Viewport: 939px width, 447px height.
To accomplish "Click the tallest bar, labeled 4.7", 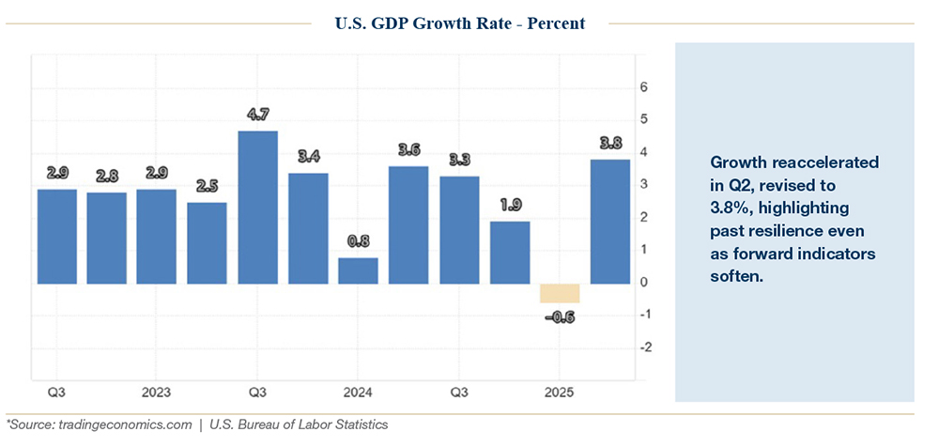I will [257, 207].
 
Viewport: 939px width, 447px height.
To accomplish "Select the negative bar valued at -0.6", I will [560, 293].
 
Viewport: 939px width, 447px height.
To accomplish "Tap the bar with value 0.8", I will [358, 270].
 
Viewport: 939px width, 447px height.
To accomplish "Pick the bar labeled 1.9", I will [510, 252].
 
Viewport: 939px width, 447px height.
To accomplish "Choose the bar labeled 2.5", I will [207, 242].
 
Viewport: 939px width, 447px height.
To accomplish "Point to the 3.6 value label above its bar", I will [408, 150].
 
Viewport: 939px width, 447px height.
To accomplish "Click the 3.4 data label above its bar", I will [308, 157].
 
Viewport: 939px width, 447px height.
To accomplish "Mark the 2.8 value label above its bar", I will [106, 177].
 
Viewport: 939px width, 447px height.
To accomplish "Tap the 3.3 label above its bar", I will [458, 160].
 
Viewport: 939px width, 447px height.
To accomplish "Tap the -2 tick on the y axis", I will [643, 347].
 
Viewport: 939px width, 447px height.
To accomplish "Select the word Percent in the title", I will [554, 23].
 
